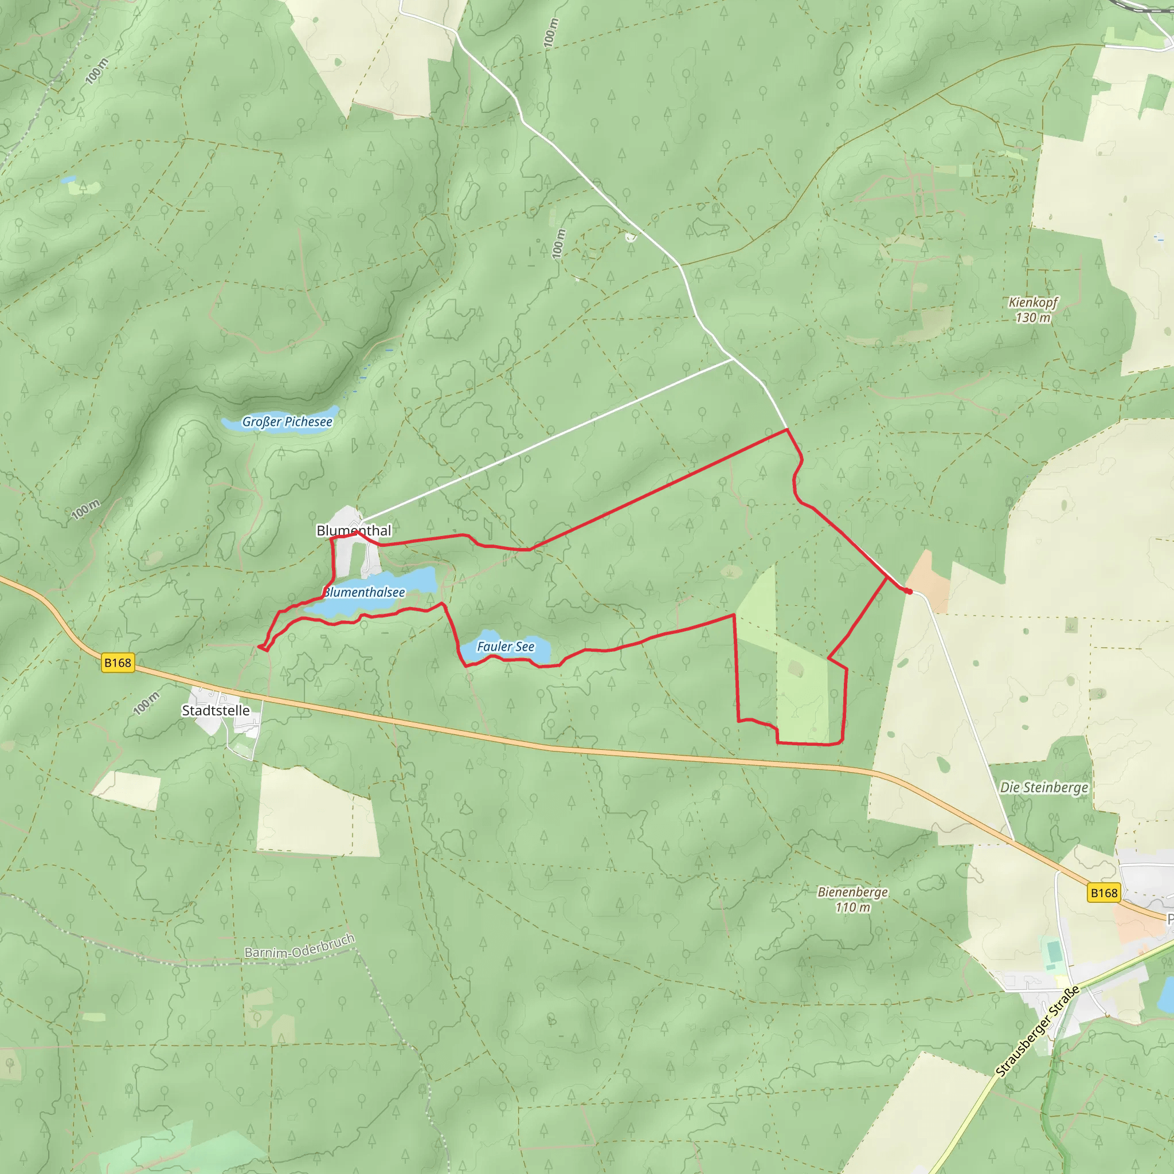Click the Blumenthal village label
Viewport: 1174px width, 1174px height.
click(x=354, y=530)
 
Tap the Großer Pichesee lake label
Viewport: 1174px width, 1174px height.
click(x=287, y=422)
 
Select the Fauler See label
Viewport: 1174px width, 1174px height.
click(x=506, y=647)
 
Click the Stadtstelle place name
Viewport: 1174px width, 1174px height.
click(x=216, y=710)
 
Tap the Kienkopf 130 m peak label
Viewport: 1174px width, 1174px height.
click(x=1033, y=310)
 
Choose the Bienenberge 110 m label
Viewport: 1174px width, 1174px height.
click(x=852, y=899)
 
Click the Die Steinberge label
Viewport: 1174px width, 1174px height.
click(x=1044, y=788)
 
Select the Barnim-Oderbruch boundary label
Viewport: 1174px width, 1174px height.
click(x=300, y=946)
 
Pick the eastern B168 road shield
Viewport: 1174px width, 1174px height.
click(x=1103, y=893)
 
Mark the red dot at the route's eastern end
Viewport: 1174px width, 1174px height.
click(x=909, y=591)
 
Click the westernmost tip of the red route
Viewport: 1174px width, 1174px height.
click(x=260, y=647)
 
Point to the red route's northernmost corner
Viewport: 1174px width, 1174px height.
click(x=788, y=429)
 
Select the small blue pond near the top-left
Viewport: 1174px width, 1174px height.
click(x=68, y=180)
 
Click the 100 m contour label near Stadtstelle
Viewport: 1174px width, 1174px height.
click(x=146, y=702)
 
